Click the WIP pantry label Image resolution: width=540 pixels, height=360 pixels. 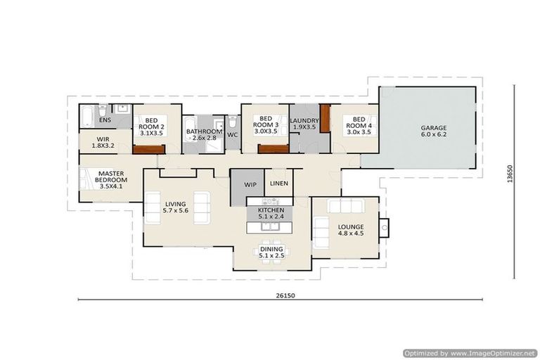click(250, 184)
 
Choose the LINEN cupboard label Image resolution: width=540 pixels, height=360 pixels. click(279, 184)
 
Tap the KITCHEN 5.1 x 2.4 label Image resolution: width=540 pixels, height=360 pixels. click(271, 214)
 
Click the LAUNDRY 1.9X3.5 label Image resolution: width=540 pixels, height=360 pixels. click(304, 125)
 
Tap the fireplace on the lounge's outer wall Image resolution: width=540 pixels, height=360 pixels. click(385, 226)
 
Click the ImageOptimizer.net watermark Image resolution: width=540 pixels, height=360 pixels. click(470, 353)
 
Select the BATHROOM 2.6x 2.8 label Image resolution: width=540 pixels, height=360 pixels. click(204, 134)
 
